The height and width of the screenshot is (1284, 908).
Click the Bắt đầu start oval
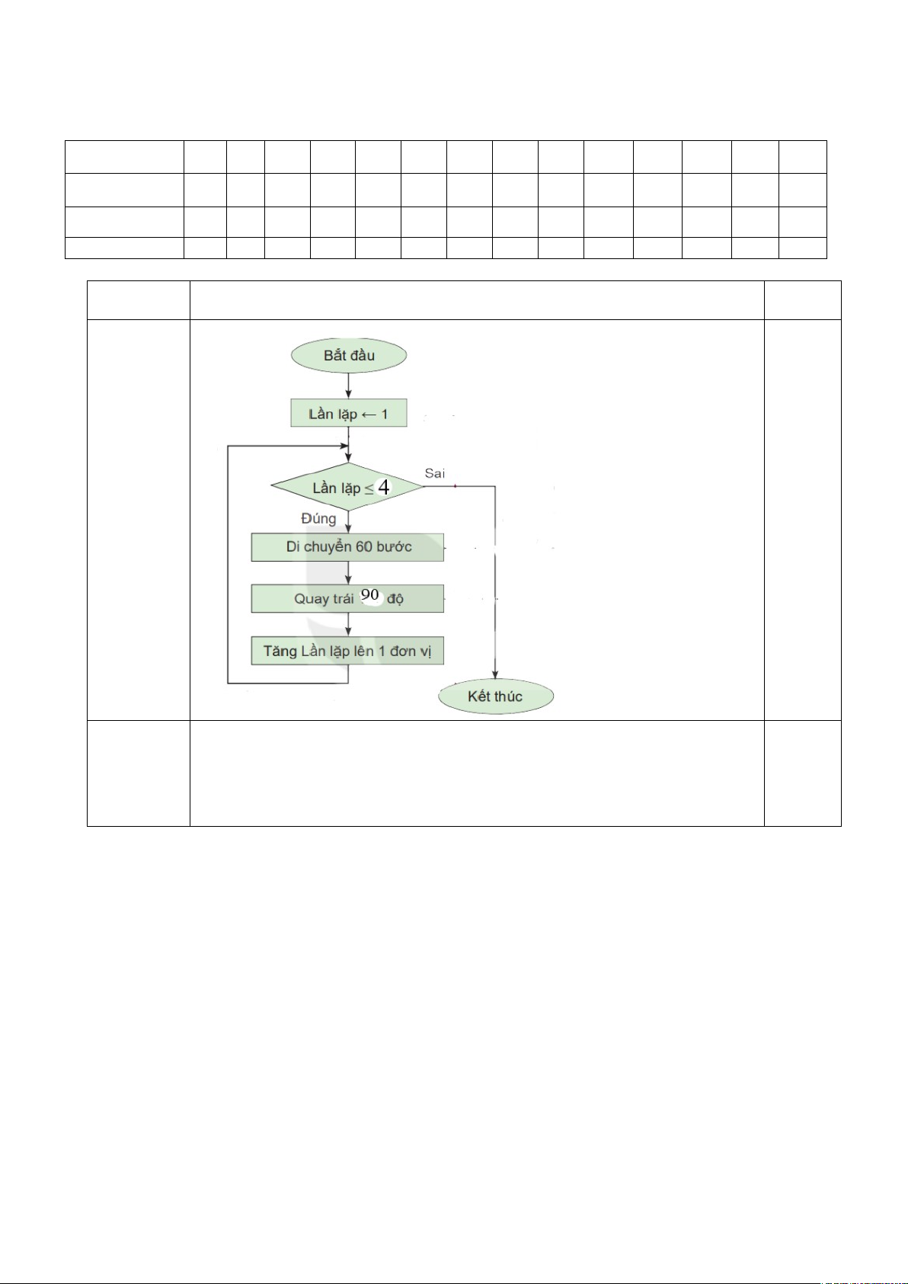point(349,355)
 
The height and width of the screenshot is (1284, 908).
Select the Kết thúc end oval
point(496,696)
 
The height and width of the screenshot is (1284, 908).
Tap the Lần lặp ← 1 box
point(349,413)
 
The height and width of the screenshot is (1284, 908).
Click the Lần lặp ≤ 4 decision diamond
point(347,487)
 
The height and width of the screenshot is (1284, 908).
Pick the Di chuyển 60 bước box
point(347,547)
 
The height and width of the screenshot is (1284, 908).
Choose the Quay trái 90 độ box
point(347,598)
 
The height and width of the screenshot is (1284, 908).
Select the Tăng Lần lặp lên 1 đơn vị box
point(347,652)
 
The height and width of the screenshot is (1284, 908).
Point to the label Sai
point(435,473)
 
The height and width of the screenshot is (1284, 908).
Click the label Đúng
point(318,518)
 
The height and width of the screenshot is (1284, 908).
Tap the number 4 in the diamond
point(384,487)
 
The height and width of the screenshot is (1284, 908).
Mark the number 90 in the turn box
point(370,594)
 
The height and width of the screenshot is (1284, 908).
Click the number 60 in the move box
point(364,547)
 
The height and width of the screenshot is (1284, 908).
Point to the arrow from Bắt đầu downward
point(348,386)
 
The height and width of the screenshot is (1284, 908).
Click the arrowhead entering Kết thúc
point(495,674)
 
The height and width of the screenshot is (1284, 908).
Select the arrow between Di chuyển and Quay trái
point(348,573)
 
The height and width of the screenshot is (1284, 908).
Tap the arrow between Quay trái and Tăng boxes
point(348,625)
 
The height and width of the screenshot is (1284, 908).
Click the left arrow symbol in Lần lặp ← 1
point(369,415)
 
